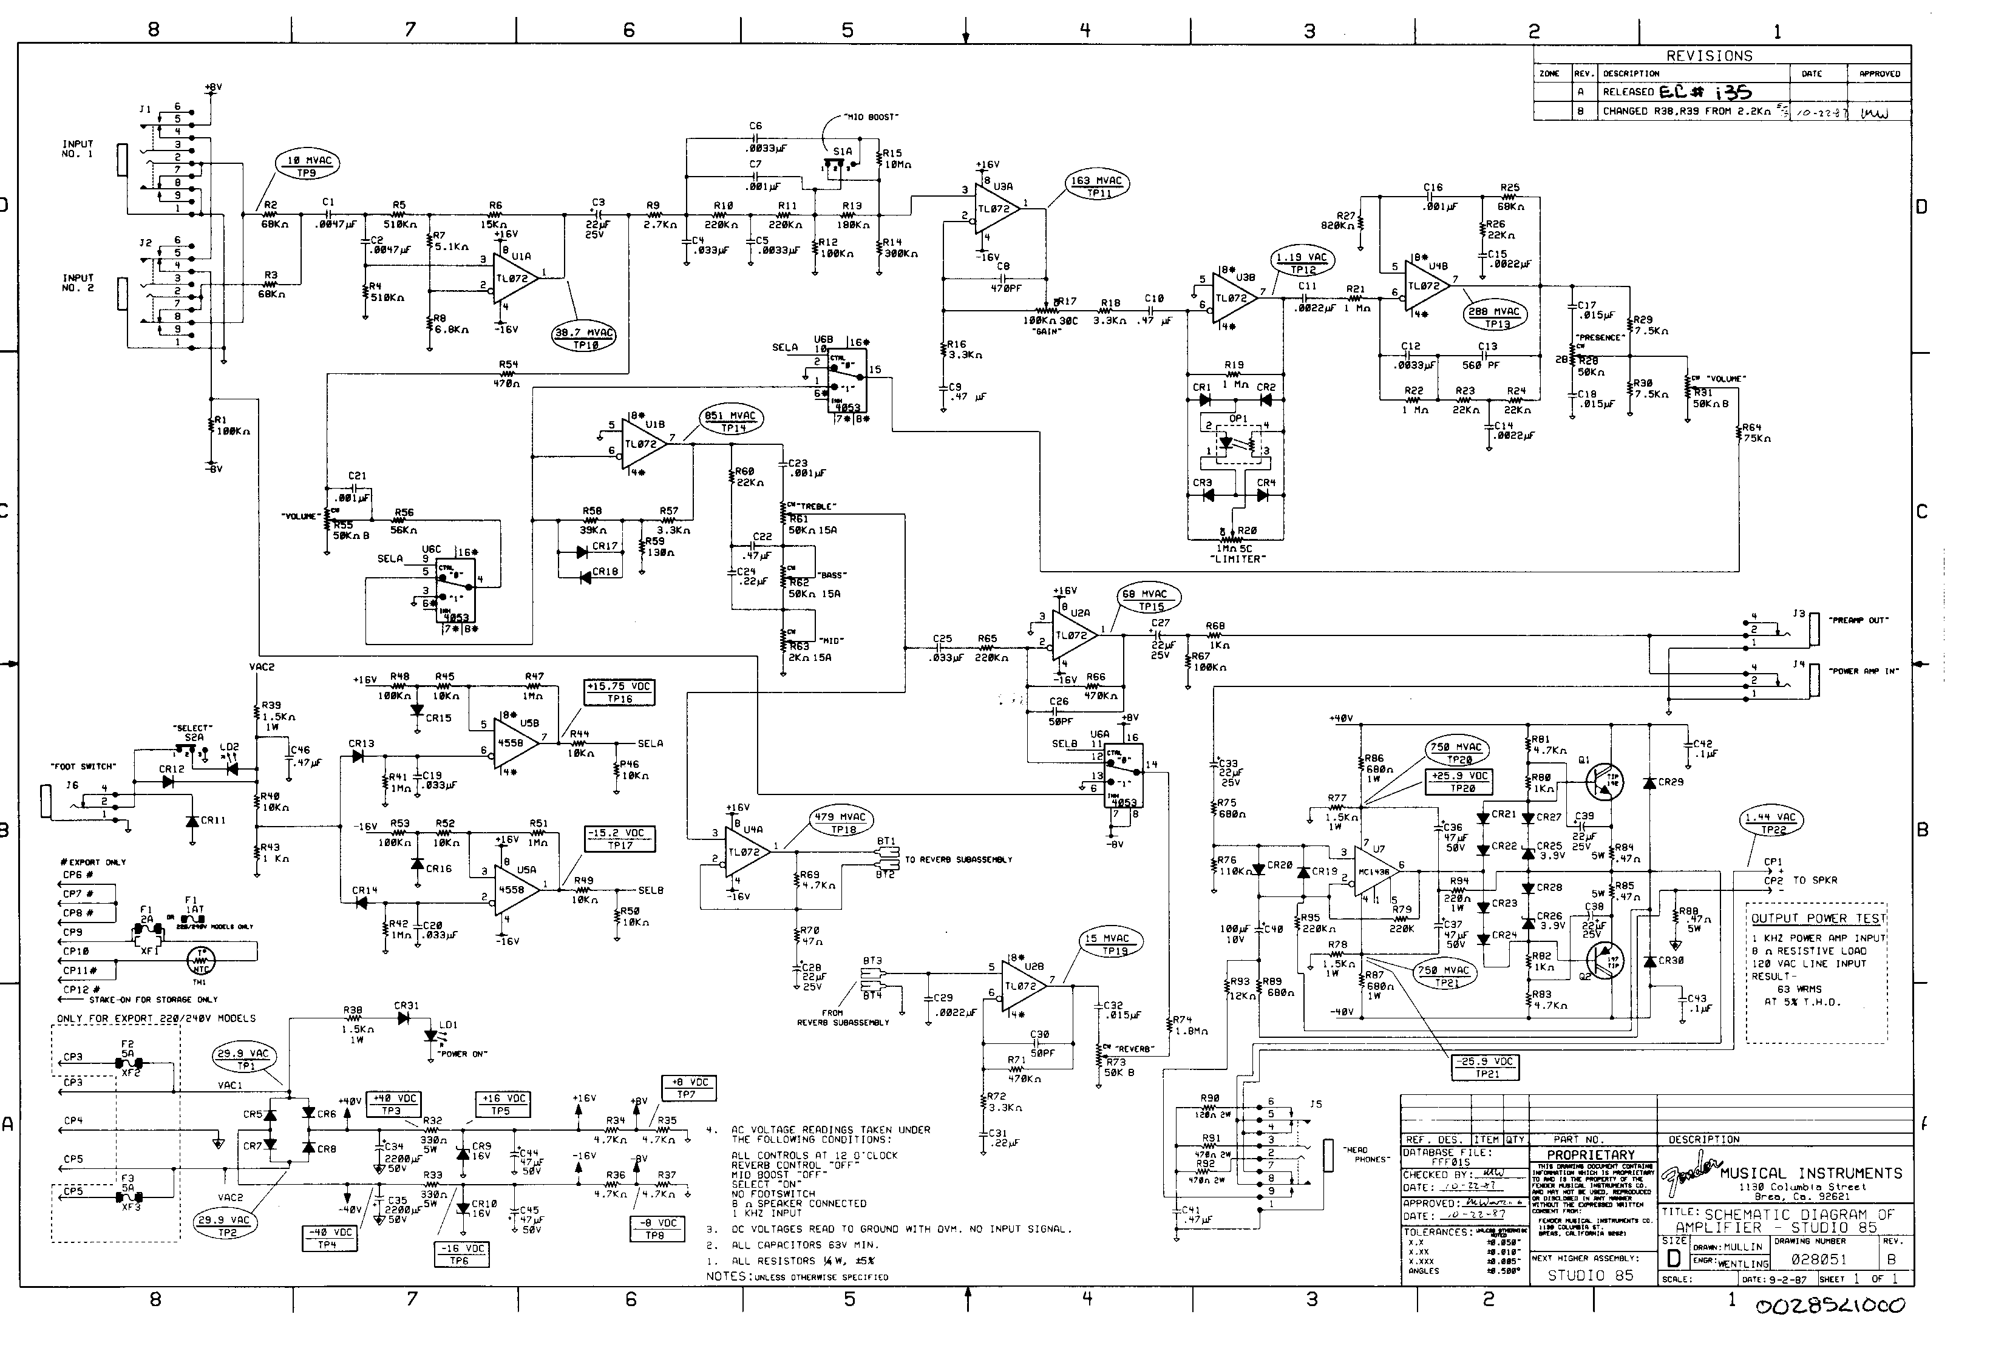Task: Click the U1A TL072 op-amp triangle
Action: coord(515,278)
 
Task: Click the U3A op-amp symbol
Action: coord(996,208)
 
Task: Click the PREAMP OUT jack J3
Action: coord(1815,628)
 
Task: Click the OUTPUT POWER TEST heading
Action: coord(1818,918)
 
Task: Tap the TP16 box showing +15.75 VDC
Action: coord(619,692)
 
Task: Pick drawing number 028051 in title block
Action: coord(1816,1259)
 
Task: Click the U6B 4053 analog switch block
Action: coord(846,384)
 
